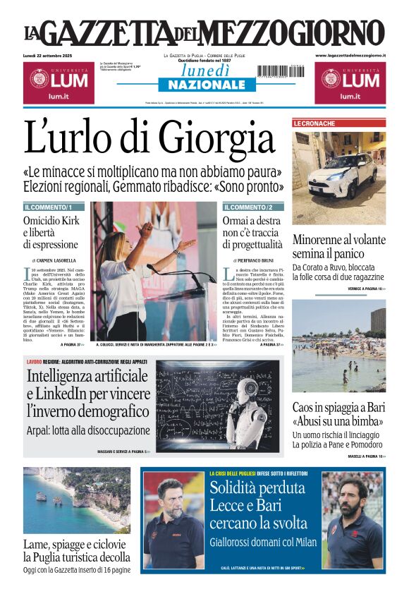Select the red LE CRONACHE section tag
(315, 123)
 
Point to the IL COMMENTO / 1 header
(49, 207)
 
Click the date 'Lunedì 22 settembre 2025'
(53, 56)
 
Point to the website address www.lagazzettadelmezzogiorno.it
(350, 55)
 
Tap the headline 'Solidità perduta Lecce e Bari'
(257, 497)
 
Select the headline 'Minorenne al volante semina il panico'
(338, 246)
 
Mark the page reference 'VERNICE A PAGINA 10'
(366, 289)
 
